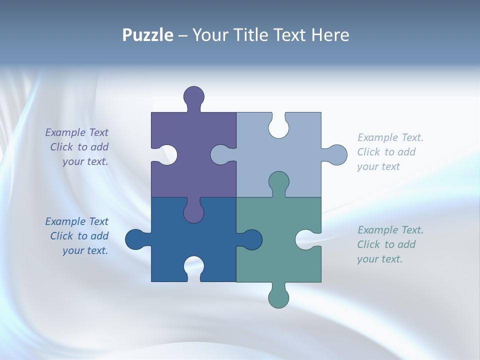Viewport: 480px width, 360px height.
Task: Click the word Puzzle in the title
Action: click(148, 35)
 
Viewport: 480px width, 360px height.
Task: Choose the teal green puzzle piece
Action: click(280, 260)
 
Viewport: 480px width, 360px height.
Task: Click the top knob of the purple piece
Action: click(194, 97)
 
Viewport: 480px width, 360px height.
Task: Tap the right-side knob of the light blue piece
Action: click(336, 155)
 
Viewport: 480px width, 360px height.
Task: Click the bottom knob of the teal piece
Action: click(278, 297)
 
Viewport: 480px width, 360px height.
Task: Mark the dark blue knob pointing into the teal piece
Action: click(251, 239)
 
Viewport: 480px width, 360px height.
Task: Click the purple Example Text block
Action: click(77, 147)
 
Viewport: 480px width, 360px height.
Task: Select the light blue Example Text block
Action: click(390, 152)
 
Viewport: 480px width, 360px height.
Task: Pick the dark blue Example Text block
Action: click(77, 236)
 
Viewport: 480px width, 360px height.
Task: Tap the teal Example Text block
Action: click(390, 244)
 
